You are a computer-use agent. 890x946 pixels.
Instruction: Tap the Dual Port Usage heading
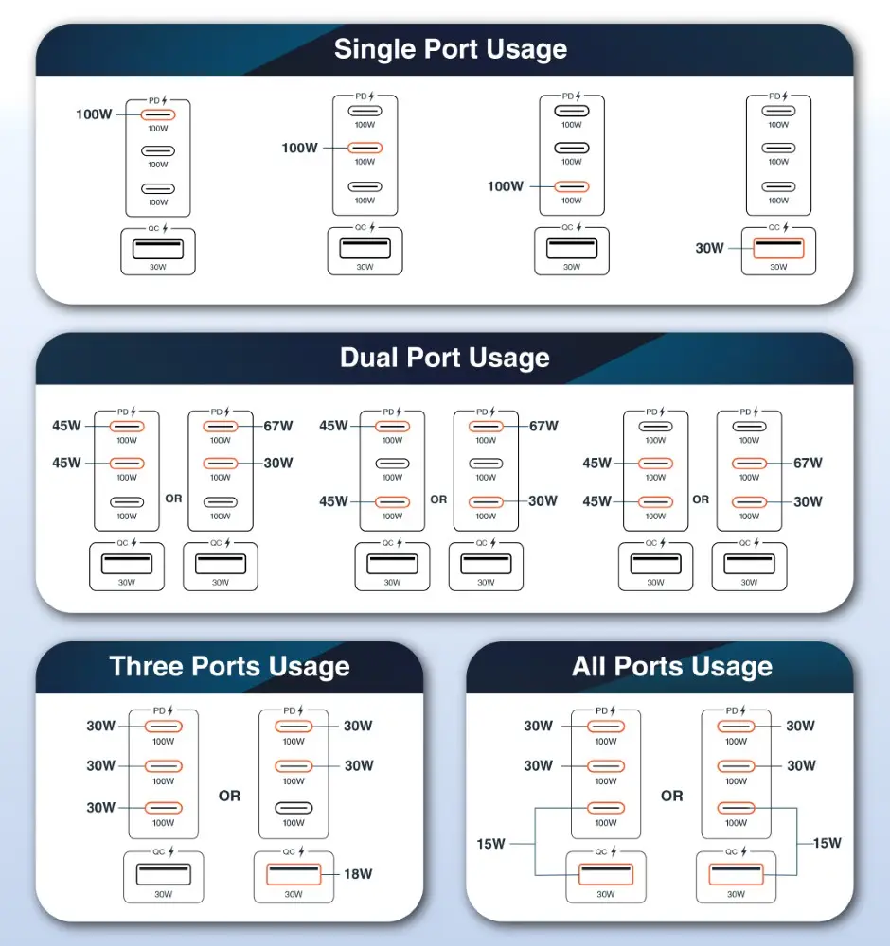click(x=444, y=358)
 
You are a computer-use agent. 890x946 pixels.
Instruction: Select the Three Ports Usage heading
click(x=229, y=666)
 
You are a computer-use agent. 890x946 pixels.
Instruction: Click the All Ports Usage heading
click(x=671, y=667)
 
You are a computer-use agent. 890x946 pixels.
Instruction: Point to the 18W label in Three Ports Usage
click(x=357, y=873)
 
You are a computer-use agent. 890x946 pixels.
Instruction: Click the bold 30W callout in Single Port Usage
click(x=709, y=248)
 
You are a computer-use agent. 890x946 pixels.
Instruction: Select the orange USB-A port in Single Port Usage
click(x=777, y=249)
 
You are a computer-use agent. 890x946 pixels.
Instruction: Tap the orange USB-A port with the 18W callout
click(x=294, y=873)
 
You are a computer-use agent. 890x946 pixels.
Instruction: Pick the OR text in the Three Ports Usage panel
click(x=229, y=796)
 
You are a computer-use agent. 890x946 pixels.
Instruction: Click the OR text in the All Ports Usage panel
click(x=671, y=796)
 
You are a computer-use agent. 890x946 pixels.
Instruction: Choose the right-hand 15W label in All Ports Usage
click(x=826, y=843)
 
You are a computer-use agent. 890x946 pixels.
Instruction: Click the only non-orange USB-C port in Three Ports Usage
click(x=294, y=808)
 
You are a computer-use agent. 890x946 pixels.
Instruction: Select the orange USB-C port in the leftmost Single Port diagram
click(x=158, y=114)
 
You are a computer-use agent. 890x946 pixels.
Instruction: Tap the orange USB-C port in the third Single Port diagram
click(x=571, y=186)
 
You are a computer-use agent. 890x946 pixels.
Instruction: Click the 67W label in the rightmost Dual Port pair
click(x=808, y=463)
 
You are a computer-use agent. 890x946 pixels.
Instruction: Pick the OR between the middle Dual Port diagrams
click(x=438, y=499)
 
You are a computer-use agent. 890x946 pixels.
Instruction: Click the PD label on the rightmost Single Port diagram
click(x=774, y=96)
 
